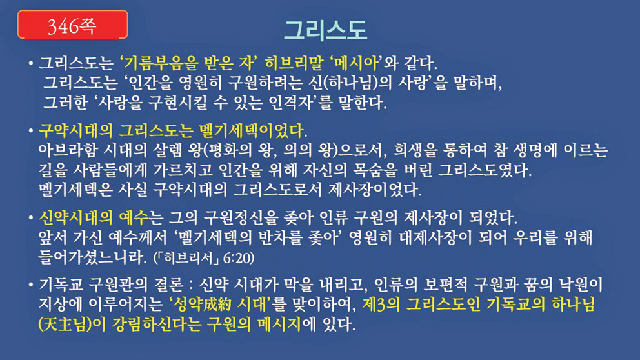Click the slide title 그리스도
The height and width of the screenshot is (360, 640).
325,30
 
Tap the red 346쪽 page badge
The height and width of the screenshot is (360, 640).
73,25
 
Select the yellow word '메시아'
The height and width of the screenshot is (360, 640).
354,63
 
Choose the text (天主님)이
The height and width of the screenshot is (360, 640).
72,325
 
